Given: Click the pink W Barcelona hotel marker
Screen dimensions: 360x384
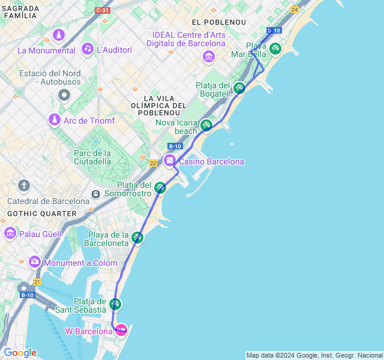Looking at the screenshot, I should coord(121,329).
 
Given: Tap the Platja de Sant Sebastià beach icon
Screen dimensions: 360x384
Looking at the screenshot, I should coord(115,304).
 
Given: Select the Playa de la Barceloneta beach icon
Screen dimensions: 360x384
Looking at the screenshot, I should coord(137,238).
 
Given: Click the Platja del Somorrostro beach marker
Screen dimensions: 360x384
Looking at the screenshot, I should coord(160,188).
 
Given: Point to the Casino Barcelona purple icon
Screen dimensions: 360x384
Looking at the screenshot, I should coord(170,160).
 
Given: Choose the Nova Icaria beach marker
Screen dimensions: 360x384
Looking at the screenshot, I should coord(206,125).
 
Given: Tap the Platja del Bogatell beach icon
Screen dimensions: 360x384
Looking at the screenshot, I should coord(239,88).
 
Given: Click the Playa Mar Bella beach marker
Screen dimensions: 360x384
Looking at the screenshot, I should coord(275,48).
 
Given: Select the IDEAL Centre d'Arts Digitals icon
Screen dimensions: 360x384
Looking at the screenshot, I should coord(209,56).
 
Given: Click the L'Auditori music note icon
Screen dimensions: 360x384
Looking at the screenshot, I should coord(88,49).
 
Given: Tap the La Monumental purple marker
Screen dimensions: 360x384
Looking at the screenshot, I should coord(59,35).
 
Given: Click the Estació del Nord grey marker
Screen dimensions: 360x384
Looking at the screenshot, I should coord(64,95).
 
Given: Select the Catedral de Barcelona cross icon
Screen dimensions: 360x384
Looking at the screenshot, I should coord(24,185).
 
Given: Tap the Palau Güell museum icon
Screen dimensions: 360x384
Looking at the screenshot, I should coord(10,232).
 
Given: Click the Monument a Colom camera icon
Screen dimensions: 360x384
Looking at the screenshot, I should coord(34,262).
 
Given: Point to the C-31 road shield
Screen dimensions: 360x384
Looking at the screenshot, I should coord(102,10).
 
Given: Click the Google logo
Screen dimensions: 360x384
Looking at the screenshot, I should coord(20,353).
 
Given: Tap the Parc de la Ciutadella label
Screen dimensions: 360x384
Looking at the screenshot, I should coord(93,157).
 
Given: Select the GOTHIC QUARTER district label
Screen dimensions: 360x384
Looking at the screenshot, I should coord(42,214).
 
